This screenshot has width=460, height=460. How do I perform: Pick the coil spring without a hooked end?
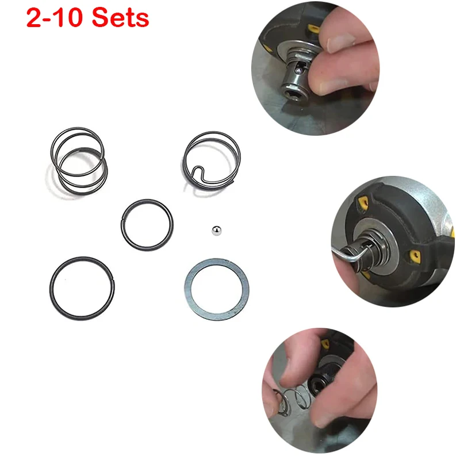[x=78, y=161]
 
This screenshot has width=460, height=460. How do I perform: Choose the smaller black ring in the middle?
[x=147, y=225]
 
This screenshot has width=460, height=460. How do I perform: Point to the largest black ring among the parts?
[x=81, y=288]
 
